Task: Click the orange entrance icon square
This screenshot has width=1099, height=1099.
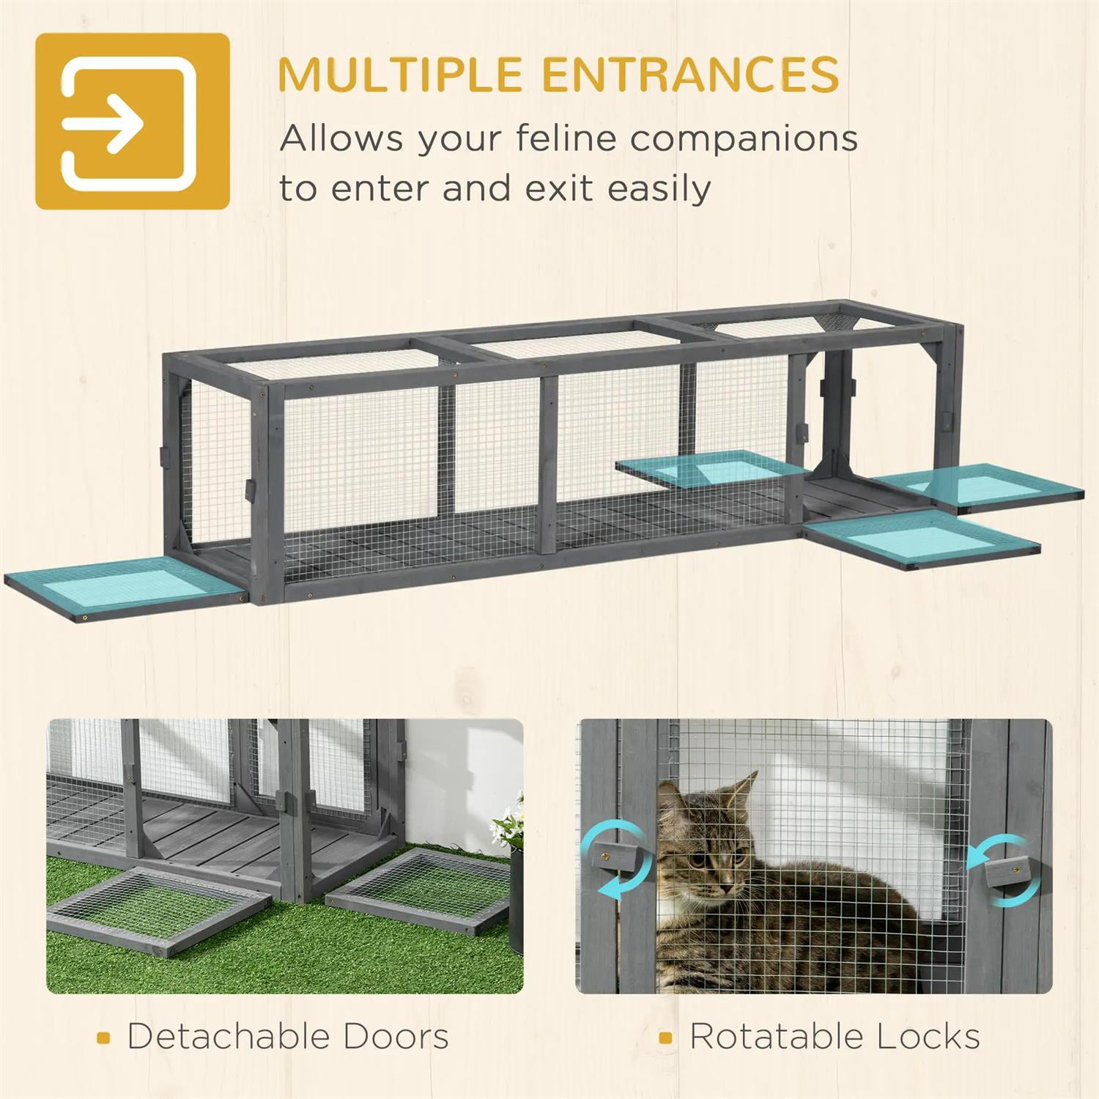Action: [x=133, y=121]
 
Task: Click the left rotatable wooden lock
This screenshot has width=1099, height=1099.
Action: [x=616, y=856]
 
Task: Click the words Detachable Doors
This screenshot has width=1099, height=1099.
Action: [x=288, y=1036]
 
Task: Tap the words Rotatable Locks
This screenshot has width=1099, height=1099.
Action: [x=835, y=1036]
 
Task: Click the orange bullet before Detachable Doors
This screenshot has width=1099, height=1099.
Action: [x=104, y=1037]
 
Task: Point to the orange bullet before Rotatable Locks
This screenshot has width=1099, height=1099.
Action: [x=665, y=1037]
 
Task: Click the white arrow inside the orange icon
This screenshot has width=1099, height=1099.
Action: [x=103, y=120]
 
